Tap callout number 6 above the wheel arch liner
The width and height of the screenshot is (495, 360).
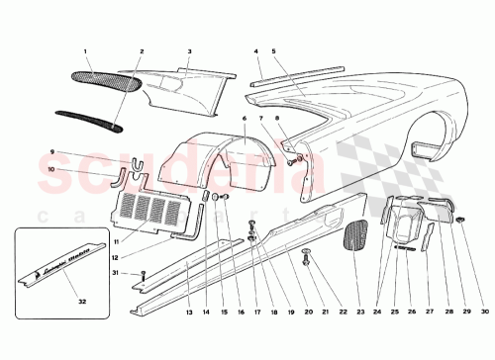pyautogui.click(x=243, y=118)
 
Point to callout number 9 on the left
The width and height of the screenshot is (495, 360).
pyautogui.click(x=50, y=150)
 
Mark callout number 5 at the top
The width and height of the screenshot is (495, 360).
pyautogui.click(x=275, y=50)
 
